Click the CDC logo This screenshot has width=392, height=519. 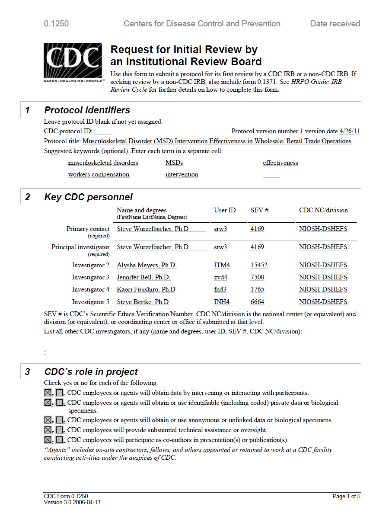(x=73, y=62)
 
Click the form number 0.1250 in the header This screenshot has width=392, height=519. (x=56, y=24)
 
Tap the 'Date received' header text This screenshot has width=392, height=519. (x=335, y=24)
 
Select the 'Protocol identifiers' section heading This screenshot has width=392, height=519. (x=87, y=110)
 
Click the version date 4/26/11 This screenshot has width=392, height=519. (x=350, y=131)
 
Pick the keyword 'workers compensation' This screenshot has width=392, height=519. (x=99, y=175)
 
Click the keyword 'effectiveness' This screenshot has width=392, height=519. (x=280, y=163)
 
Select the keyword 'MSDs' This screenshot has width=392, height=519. (x=174, y=163)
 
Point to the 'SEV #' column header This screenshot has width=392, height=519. (x=260, y=211)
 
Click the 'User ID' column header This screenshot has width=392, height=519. (x=225, y=211)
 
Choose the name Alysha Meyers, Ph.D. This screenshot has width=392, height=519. (x=147, y=266)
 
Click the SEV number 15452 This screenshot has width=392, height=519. (x=259, y=266)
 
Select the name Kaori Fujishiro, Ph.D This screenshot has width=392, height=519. (x=146, y=290)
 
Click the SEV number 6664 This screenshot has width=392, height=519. (x=257, y=302)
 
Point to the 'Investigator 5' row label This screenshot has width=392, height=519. (x=91, y=302)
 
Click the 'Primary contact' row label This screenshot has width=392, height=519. (x=88, y=229)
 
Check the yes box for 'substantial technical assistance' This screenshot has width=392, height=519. (x=48, y=430)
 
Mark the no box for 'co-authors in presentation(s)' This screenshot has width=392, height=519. (x=60, y=440)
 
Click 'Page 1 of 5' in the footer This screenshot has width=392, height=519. (x=346, y=497)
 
